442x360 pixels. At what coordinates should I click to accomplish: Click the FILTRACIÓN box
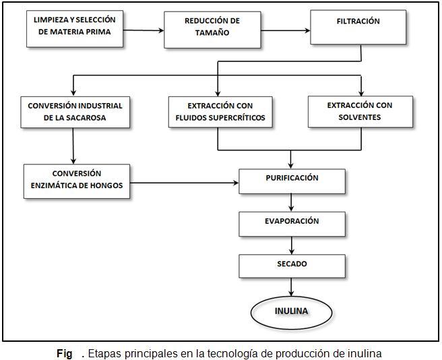click(358, 28)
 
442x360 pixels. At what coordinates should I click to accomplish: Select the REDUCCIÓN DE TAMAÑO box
click(212, 30)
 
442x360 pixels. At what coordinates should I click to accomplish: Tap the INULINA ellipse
click(292, 313)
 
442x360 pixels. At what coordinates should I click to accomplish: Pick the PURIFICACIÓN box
click(292, 181)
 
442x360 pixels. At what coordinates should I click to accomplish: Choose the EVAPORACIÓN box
click(292, 224)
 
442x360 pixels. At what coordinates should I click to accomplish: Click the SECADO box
click(292, 266)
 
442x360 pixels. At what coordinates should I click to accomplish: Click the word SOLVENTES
click(360, 117)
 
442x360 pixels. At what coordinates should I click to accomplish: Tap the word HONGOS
click(108, 185)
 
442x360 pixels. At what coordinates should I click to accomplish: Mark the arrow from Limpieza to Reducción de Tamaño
click(144, 30)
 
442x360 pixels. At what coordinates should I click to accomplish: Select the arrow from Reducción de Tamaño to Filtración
click(286, 30)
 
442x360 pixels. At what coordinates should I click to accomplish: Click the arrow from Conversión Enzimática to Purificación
click(185, 183)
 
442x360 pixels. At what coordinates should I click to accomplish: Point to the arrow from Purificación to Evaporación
click(291, 203)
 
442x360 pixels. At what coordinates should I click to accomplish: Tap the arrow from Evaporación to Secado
click(292, 245)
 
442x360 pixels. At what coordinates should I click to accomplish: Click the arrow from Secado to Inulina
click(291, 287)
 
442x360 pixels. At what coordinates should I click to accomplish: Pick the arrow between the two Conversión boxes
click(73, 146)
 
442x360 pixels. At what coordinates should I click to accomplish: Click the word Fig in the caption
click(65, 353)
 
